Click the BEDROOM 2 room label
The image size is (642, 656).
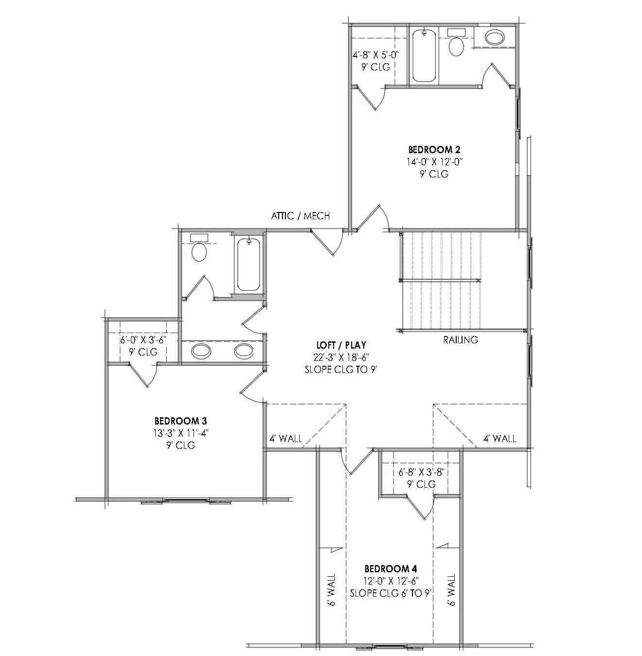coord(434,149)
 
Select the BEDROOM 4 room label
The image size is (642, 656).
coord(391,568)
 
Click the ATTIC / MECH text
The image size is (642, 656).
coord(300,216)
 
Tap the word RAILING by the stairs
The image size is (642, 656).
coord(460,340)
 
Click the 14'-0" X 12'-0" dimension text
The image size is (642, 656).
coord(434,161)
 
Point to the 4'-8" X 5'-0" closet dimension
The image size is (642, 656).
coord(375,55)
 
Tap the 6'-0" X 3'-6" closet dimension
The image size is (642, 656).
coord(143,340)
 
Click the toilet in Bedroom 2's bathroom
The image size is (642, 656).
coord(456,45)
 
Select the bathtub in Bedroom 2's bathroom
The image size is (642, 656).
coord(425,55)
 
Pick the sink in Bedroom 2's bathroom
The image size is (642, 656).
coord(495,37)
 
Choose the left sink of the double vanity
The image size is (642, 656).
coord(200,350)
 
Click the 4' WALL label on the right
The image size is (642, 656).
coord(499,439)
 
